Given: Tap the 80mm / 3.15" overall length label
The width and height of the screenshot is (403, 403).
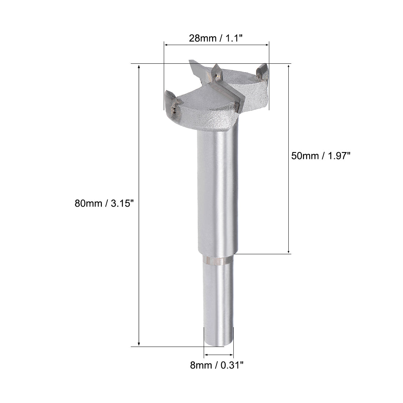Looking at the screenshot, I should pos(103,204).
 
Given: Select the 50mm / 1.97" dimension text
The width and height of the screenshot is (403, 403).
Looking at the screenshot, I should pos(321,155).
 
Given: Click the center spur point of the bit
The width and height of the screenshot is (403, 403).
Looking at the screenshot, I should pos(216,73).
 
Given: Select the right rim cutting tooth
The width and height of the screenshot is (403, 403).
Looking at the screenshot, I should pos(262,72).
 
